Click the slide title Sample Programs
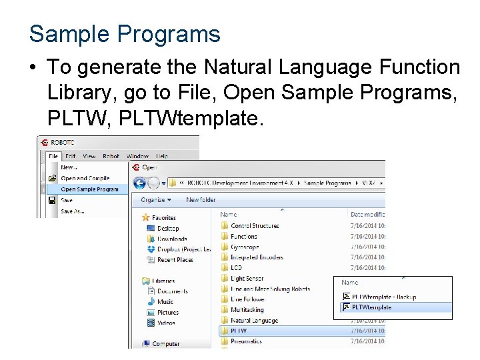coord(125,33)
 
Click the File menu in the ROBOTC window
coord(54,156)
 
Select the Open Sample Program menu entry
coord(89,189)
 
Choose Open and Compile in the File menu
coord(85,178)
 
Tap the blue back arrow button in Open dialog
coord(140,182)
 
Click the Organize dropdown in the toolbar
coord(156,199)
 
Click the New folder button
coord(201,199)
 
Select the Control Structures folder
coord(254,226)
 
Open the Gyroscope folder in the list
coord(244,247)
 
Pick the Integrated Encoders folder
coord(256,257)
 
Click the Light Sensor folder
coord(247,279)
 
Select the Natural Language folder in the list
coord(254,320)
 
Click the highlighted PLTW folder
coord(239,331)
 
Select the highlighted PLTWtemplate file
coord(371,307)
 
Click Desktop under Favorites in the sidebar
coord(167,228)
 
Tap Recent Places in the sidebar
coord(175,259)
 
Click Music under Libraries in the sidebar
coord(165,301)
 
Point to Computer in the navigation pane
coord(165,343)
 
